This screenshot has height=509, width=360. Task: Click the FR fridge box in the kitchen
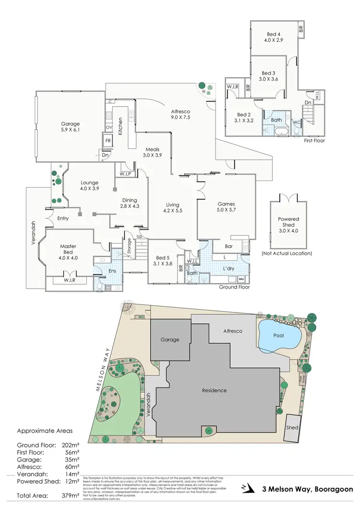(x=108, y=141)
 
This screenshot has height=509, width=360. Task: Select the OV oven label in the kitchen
(x=108, y=127)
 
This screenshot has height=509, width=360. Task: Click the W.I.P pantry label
(x=125, y=173)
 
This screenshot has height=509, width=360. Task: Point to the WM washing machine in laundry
(x=241, y=279)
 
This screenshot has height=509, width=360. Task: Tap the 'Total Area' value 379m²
(x=70, y=495)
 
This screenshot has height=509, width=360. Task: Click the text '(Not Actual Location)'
(x=287, y=253)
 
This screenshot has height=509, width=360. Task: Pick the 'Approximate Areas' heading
(x=45, y=431)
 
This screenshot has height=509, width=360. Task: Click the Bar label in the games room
(x=228, y=247)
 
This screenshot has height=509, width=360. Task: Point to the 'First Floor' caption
(x=314, y=141)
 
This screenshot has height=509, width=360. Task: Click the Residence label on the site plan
(x=214, y=390)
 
